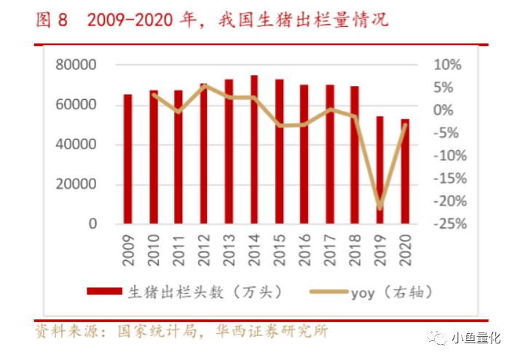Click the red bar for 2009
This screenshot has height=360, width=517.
click(127, 159)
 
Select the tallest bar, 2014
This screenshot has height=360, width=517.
click(254, 149)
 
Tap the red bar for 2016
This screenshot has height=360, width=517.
click(304, 154)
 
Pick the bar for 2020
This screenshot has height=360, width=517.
click(405, 171)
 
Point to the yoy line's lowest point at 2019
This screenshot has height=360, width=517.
click(380, 208)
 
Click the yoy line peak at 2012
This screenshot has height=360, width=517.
click(205, 86)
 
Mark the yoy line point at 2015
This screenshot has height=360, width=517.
click(280, 125)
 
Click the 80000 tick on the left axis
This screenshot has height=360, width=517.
click(76, 65)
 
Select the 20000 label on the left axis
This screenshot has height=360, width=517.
click(76, 184)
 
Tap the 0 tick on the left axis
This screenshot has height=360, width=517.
click(92, 224)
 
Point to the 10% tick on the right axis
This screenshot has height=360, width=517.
click(447, 65)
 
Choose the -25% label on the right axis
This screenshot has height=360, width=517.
click(450, 224)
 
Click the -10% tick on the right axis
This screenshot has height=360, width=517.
click(450, 156)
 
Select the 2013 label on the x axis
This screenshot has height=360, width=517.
click(229, 250)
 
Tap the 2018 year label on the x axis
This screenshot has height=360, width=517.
click(355, 250)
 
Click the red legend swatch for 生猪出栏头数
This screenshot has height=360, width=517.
click(104, 291)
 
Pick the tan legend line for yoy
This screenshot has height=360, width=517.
click(328, 291)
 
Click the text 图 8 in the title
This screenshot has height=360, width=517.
click(52, 20)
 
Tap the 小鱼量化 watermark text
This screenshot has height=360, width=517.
click(476, 338)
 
